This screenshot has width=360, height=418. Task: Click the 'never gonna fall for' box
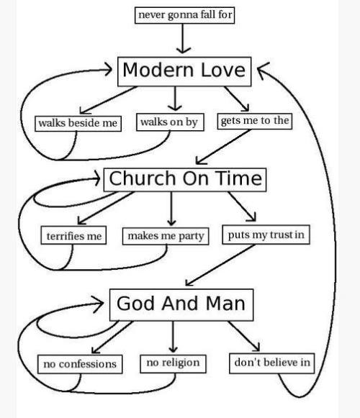click(x=184, y=15)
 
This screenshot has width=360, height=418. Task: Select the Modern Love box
click(x=184, y=71)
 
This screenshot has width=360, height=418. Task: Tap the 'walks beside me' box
click(x=78, y=124)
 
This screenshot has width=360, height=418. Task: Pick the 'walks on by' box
click(x=170, y=122)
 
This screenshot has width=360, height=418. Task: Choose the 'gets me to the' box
click(x=255, y=122)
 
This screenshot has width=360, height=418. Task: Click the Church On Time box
click(x=185, y=180)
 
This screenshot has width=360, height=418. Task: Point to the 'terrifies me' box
click(x=73, y=235)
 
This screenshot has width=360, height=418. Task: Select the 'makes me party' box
click(x=166, y=236)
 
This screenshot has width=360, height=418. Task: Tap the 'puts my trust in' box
click(x=266, y=235)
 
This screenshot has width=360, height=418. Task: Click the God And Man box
click(x=181, y=305)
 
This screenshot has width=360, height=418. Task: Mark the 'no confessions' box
click(x=80, y=364)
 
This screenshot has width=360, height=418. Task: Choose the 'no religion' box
click(x=174, y=363)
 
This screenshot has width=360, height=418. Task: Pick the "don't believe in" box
click(x=272, y=363)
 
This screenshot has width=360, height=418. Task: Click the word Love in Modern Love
click(x=222, y=70)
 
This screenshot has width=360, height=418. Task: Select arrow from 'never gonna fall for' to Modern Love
click(x=183, y=38)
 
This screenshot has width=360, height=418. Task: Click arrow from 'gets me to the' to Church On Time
click(x=224, y=147)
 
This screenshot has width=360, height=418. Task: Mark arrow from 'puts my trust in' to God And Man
click(x=220, y=265)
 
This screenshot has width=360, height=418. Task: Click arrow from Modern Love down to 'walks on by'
click(x=175, y=99)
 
